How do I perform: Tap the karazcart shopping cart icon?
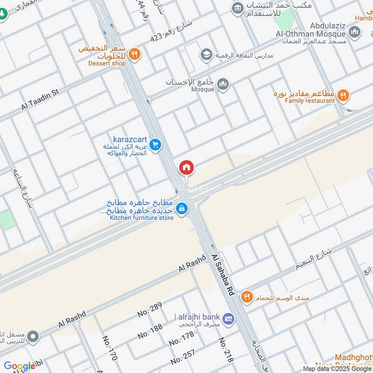click(x=156, y=145)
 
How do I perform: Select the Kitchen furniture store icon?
click(x=182, y=209)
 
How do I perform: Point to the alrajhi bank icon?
click(x=228, y=318)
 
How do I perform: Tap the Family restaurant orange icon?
click(x=343, y=96)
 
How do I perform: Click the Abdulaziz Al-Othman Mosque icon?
click(x=355, y=32)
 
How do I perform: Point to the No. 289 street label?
click(x=149, y=310)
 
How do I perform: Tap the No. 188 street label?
click(x=150, y=332)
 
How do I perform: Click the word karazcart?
click(x=130, y=139)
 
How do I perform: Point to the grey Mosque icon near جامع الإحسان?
click(x=223, y=84)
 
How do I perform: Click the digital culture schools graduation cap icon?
click(x=206, y=55)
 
